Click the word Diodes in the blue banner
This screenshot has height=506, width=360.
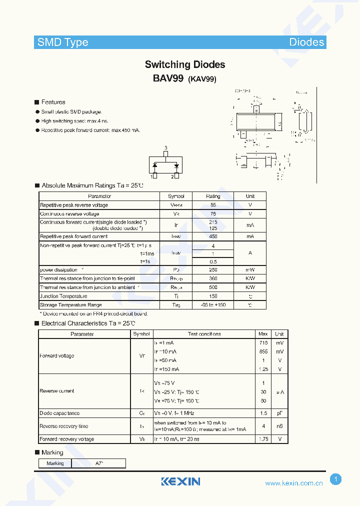[306, 42]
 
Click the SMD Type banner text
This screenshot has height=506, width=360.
[63, 42]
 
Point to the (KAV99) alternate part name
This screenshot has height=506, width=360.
[202, 79]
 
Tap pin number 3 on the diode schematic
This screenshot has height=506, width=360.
[165, 148]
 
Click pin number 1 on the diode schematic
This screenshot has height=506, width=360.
[151, 176]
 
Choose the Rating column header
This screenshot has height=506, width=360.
[213, 196]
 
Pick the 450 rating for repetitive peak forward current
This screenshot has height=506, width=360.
[213, 236]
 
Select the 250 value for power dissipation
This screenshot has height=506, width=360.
[213, 270]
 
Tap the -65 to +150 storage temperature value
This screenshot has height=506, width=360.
[213, 305]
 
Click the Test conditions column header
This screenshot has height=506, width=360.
[204, 334]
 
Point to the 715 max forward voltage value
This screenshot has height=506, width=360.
[263, 343]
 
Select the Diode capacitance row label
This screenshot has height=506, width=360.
[59, 413]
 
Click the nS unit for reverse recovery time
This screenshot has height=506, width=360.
[279, 426]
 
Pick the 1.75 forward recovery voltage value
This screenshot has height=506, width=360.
[263, 439]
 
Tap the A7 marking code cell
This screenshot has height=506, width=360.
[99, 463]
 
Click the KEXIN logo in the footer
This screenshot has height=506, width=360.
[180, 481]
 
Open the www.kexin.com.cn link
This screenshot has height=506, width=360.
[294, 483]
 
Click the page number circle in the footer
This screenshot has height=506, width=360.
[336, 479]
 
